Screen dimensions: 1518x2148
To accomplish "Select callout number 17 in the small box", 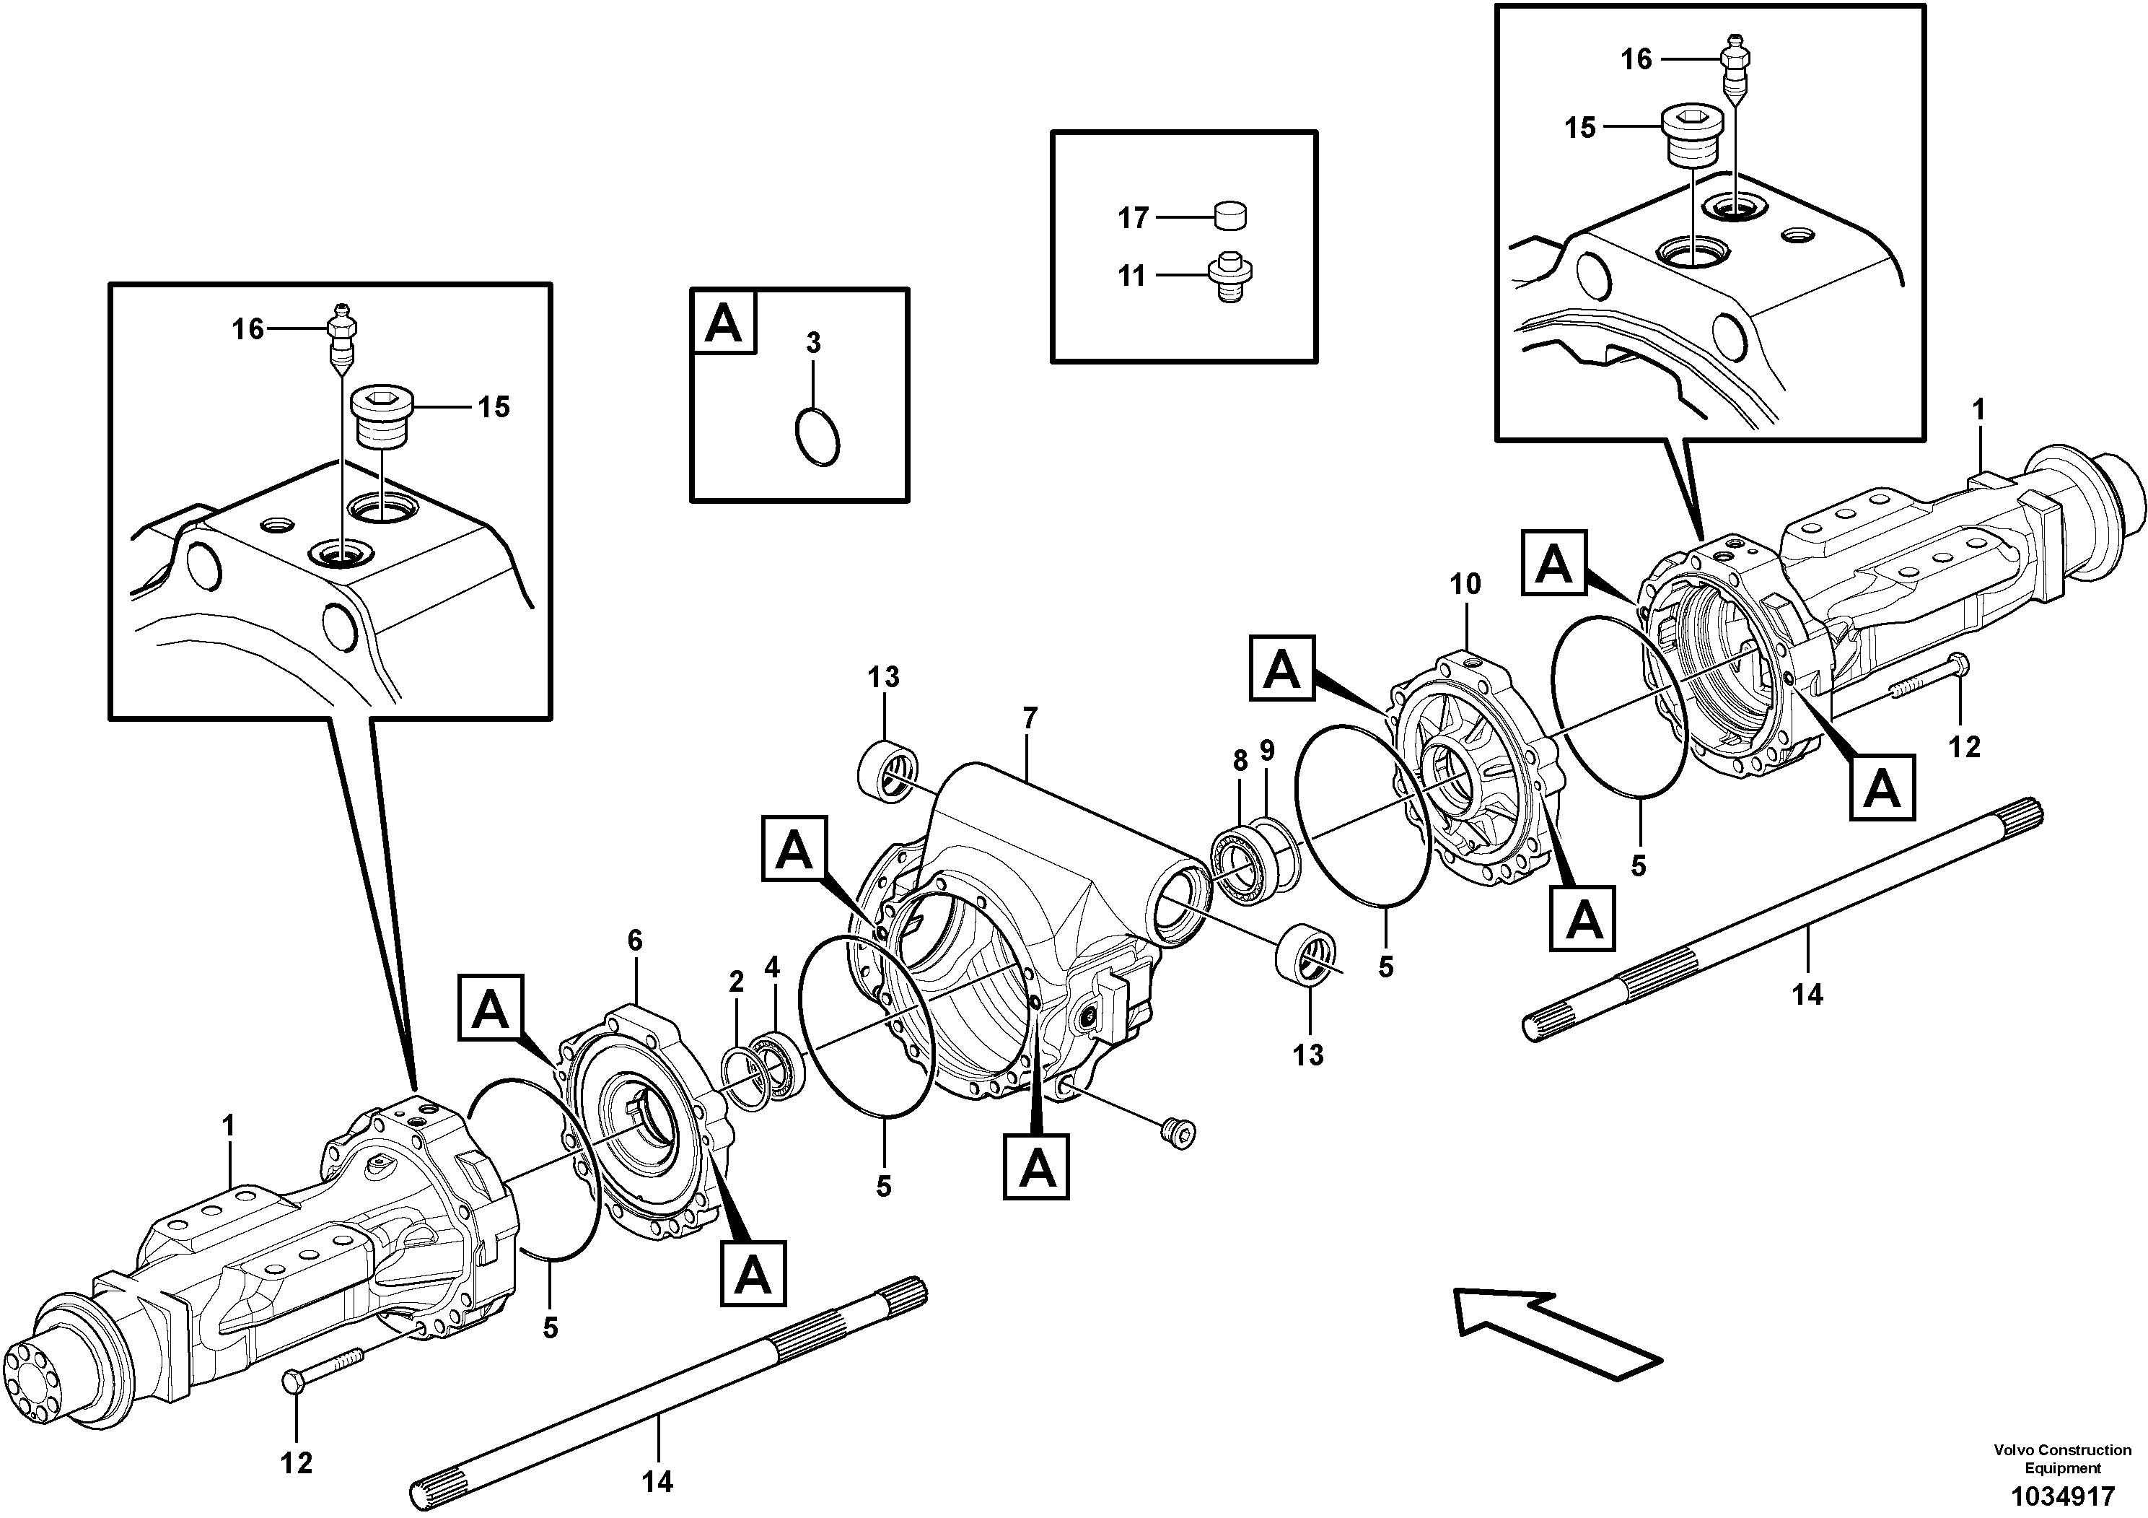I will (1133, 218).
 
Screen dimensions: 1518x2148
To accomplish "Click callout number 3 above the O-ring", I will (813, 344).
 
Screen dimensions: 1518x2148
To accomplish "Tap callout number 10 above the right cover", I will (1465, 584).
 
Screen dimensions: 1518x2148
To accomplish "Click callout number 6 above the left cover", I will (635, 941).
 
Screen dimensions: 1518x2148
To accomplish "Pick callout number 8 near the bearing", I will (1240, 761).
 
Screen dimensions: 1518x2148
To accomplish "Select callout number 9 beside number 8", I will (1267, 750).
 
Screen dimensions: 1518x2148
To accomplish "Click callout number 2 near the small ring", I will (736, 982).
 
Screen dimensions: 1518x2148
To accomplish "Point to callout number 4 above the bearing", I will (772, 967).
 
